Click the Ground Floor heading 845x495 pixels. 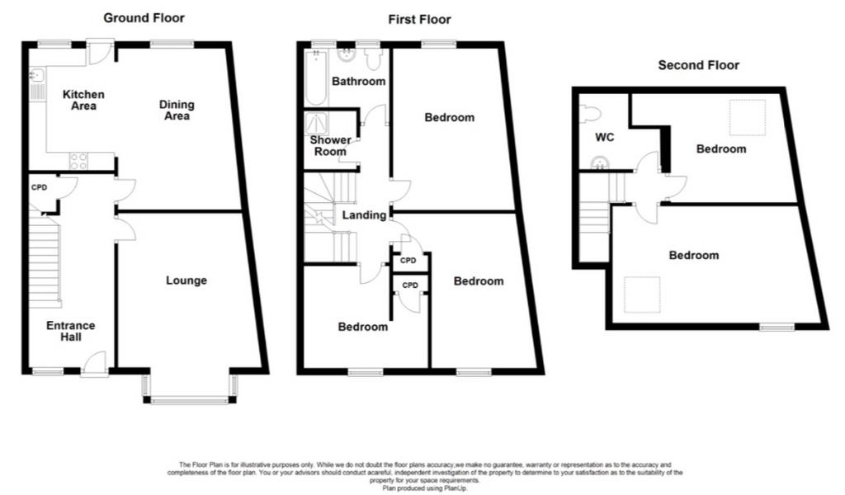pyautogui.click(x=144, y=18)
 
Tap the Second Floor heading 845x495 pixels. pyautogui.click(x=698, y=65)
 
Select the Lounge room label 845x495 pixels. pyautogui.click(x=186, y=280)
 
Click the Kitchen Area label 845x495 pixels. pyautogui.click(x=83, y=100)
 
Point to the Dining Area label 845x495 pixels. pyautogui.click(x=177, y=110)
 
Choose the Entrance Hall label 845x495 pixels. pyautogui.click(x=71, y=332)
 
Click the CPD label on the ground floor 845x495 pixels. pyautogui.click(x=39, y=187)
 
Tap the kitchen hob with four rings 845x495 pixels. pyautogui.click(x=78, y=161)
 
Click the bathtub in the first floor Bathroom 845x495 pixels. pyautogui.click(x=316, y=78)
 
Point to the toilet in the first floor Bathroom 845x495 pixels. pyautogui.click(x=373, y=59)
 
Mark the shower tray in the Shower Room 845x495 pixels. pyautogui.click(x=316, y=124)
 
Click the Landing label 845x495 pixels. pyautogui.click(x=364, y=215)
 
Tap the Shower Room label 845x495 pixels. pyautogui.click(x=330, y=146)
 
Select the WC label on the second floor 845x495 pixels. pyautogui.click(x=605, y=137)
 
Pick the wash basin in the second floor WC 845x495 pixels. pyautogui.click(x=599, y=163)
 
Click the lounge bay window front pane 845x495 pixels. pyautogui.click(x=190, y=400)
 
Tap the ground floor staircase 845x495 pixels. pyautogui.click(x=45, y=262)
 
